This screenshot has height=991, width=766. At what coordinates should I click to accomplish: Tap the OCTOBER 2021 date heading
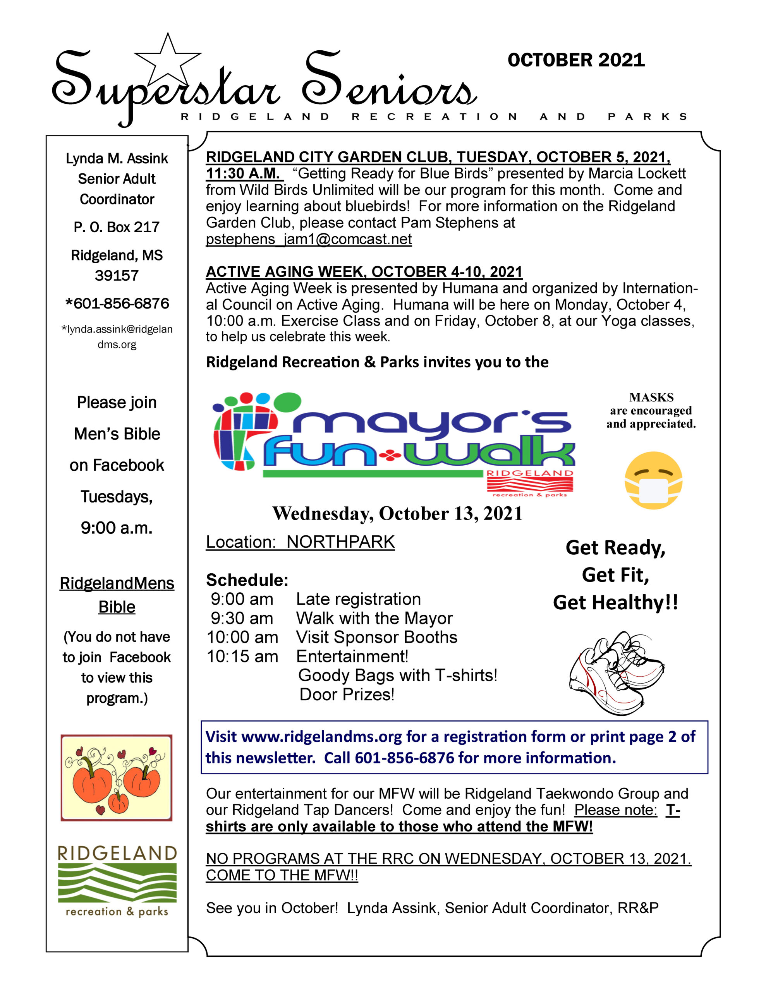point(576,60)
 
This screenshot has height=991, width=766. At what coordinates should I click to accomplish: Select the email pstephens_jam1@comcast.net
point(309,239)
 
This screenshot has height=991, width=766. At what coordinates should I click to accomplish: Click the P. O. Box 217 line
point(117,227)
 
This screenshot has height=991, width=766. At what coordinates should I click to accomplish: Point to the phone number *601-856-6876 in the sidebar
point(117,303)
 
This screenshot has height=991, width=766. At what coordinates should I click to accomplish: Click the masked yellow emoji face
point(653,480)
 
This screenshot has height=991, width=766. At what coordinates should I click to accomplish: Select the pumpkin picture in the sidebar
point(117,777)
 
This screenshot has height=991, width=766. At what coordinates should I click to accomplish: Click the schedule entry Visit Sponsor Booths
point(376,638)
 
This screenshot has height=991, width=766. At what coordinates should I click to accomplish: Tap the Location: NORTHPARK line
point(300,542)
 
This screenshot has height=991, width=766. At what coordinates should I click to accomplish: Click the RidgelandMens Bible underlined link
point(117,595)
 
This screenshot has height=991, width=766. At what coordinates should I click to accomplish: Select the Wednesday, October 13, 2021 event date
point(397,514)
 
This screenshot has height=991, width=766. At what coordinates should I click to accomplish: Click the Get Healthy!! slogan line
point(615,603)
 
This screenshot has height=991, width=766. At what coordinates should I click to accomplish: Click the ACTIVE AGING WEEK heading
point(364,272)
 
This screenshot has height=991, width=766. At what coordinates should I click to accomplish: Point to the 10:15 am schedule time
point(242,657)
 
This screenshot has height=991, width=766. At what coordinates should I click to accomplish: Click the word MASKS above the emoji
point(651,398)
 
